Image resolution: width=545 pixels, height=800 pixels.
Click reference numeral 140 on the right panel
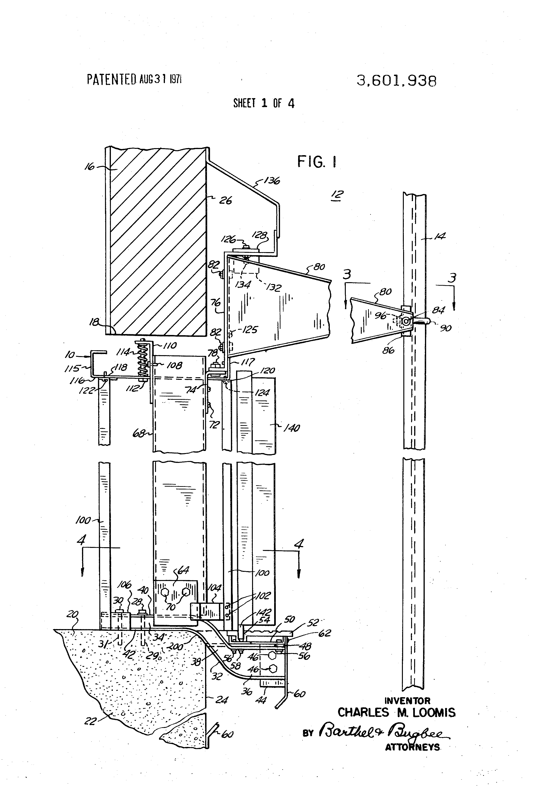coord(292,428)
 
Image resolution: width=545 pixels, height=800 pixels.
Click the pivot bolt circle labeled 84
coord(406,321)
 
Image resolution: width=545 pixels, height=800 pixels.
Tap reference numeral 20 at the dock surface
coord(73,615)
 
